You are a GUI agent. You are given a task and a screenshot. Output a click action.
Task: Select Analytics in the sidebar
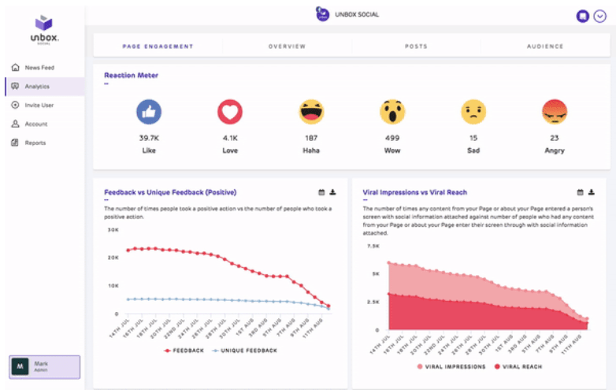(x=37, y=87)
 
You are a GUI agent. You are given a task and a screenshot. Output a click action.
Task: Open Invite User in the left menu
(x=39, y=105)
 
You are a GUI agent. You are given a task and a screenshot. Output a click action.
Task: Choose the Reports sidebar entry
(x=35, y=143)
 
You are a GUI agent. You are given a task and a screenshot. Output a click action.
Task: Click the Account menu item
(x=35, y=124)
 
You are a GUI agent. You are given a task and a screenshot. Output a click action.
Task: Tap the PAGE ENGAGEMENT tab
(x=158, y=46)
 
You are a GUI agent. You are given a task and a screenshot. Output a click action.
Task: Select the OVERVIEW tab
(x=287, y=46)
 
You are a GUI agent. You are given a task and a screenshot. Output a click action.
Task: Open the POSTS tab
(x=416, y=46)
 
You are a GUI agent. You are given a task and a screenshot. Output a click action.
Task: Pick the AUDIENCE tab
(x=545, y=46)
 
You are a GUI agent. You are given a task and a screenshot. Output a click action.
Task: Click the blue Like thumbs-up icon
(x=149, y=113)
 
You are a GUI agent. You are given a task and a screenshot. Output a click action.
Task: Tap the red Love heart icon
(x=230, y=113)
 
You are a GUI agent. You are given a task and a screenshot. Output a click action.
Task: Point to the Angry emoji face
(x=555, y=113)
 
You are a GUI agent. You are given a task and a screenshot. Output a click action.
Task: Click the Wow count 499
(x=392, y=137)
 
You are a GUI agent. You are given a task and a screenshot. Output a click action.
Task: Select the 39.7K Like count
(x=149, y=137)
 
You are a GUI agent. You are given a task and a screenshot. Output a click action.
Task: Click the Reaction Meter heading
(x=131, y=76)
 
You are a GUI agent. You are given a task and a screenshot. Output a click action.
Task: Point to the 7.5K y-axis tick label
(x=373, y=246)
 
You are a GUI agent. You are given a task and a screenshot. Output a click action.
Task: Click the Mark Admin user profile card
(x=44, y=366)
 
